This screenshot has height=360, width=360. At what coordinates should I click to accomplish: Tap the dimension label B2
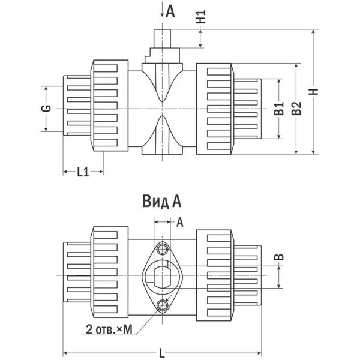pos(295,109)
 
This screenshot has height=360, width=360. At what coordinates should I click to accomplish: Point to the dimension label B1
pos(278,109)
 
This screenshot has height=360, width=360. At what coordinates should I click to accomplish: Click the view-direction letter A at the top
pos(170,10)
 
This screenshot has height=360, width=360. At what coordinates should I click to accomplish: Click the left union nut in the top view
pos(109,107)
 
